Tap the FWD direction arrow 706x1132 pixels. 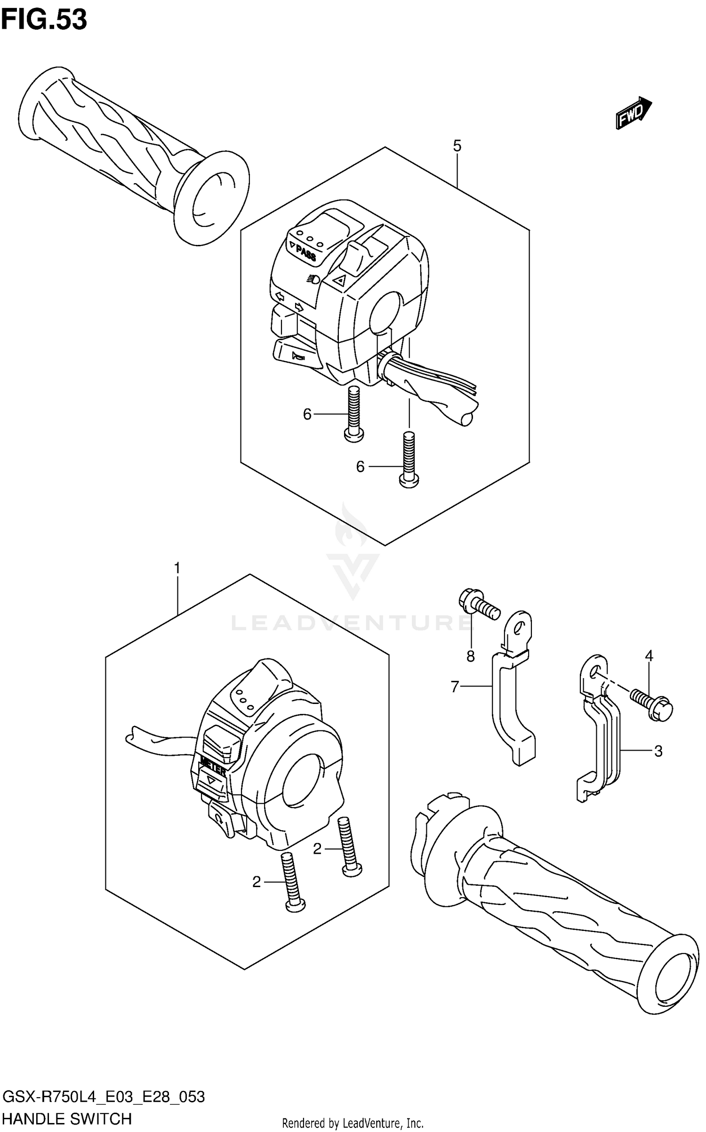(x=633, y=113)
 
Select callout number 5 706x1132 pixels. (x=457, y=146)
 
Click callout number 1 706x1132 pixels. (x=177, y=569)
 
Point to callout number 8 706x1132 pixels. (x=470, y=656)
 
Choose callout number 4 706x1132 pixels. (x=649, y=655)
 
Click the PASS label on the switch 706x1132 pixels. (x=305, y=254)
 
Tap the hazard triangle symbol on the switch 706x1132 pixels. (x=339, y=281)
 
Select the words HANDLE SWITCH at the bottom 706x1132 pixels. (x=67, y=1118)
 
